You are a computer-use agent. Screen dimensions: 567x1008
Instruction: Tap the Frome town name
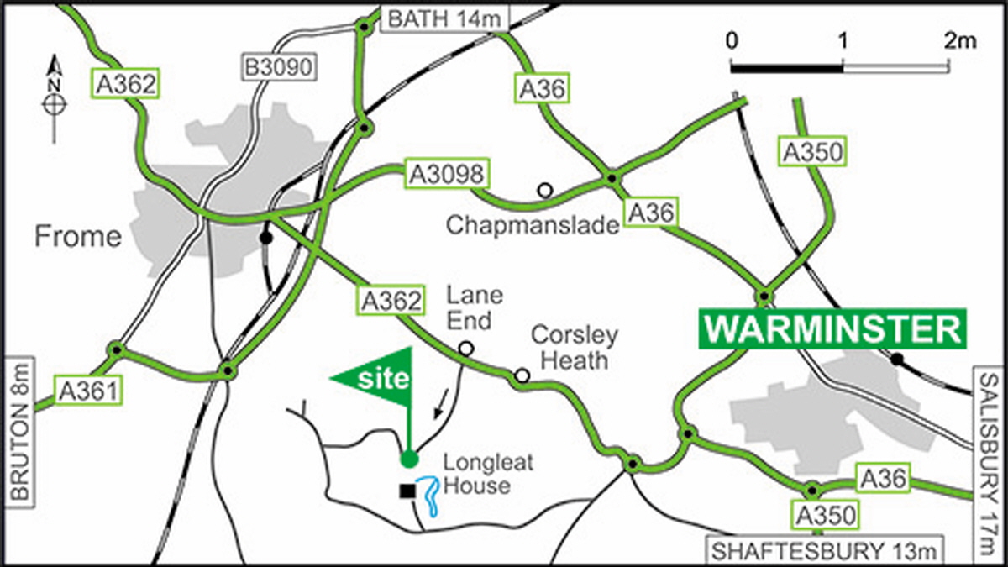[78, 237]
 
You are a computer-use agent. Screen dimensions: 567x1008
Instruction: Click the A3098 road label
[445, 174]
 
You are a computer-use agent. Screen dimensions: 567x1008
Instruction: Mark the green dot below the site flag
[409, 458]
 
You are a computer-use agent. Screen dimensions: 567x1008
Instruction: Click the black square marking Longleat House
[407, 491]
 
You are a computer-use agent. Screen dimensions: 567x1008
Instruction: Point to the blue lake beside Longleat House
[429, 495]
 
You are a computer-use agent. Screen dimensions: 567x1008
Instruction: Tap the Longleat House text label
[476, 474]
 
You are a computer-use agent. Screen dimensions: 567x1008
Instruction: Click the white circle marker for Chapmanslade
[545, 191]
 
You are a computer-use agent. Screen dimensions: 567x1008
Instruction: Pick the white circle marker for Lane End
[465, 348]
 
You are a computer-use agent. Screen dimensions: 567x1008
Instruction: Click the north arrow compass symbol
[55, 97]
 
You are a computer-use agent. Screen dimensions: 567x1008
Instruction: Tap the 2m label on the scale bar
[956, 39]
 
